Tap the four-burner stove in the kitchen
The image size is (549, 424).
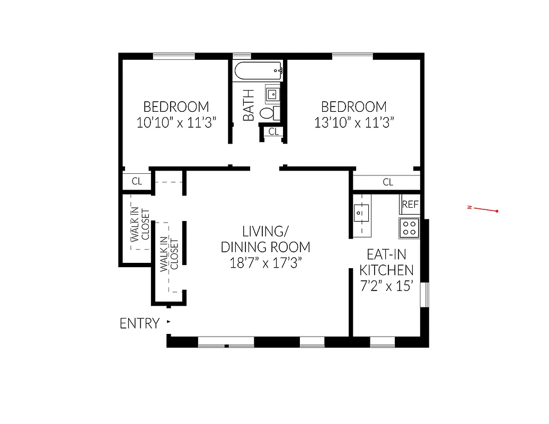410,228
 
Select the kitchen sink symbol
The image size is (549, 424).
361,213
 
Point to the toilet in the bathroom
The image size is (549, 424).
268,112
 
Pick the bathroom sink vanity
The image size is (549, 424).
272,94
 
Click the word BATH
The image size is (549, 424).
249,105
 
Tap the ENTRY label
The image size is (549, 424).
139,323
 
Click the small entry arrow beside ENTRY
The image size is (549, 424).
169,322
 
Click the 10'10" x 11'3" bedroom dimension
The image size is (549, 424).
176,123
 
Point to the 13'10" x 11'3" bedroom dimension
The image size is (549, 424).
355,123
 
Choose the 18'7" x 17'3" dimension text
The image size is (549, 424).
265,263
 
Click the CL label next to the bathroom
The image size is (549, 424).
273,132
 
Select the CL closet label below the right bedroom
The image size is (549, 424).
387,182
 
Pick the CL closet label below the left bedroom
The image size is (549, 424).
137,181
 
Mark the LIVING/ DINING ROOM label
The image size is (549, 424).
265,239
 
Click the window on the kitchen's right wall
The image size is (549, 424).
424,295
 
